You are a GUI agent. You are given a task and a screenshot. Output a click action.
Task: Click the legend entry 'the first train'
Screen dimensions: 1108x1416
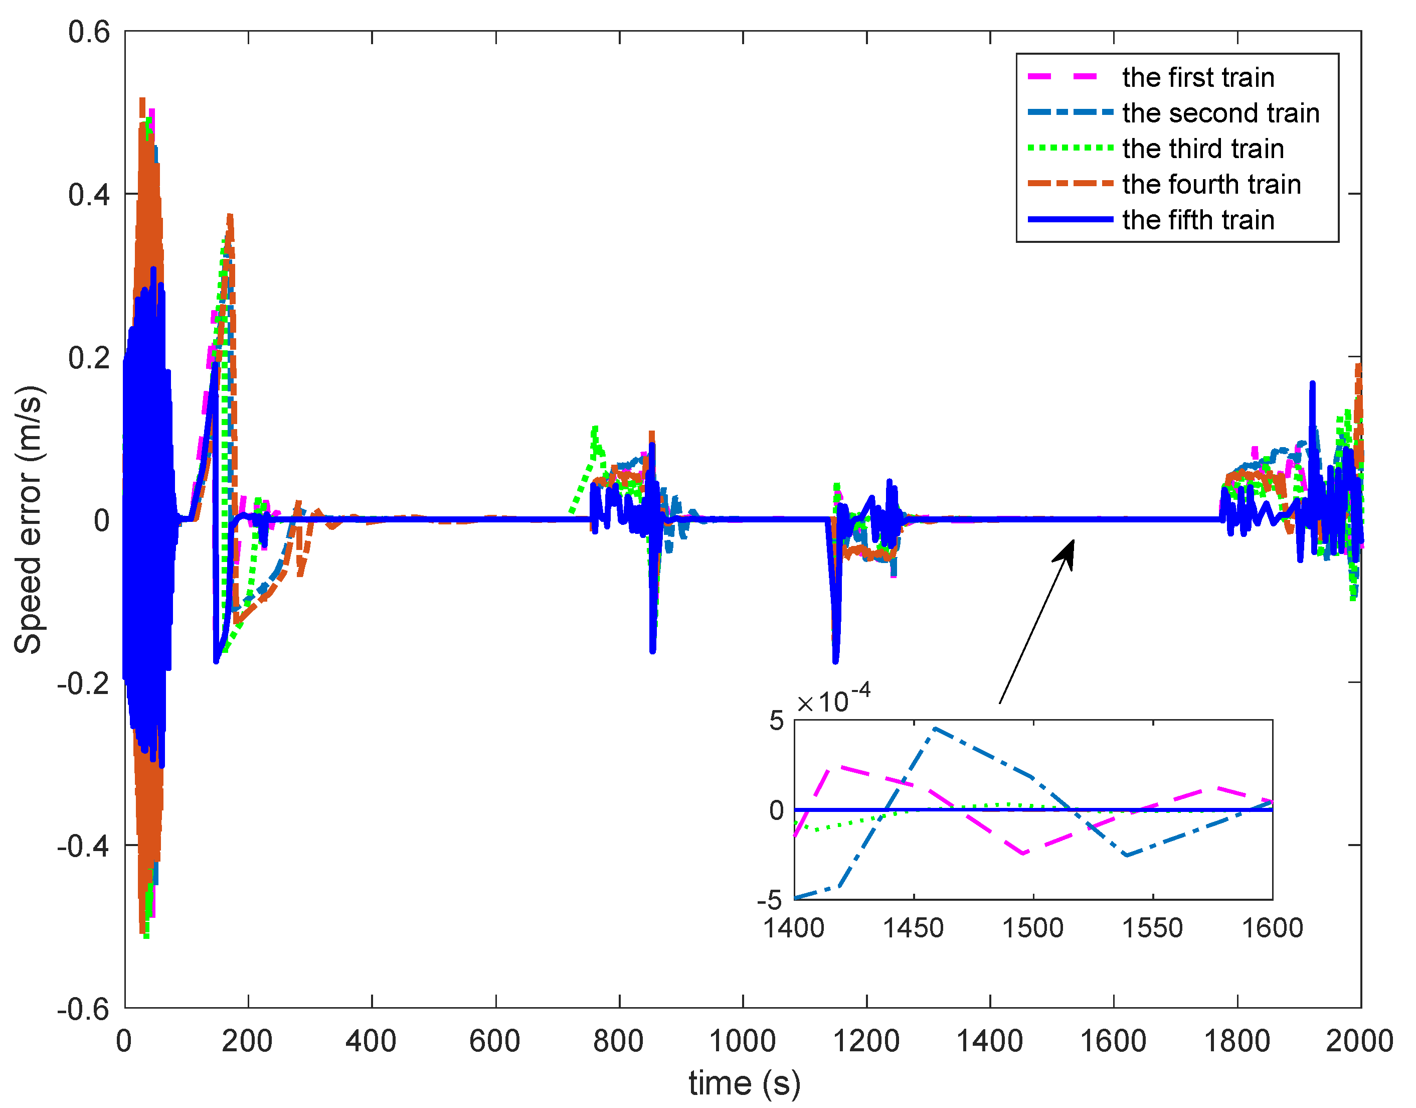tap(1198, 78)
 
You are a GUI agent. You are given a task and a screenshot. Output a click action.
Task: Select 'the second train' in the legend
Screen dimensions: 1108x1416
tap(1220, 113)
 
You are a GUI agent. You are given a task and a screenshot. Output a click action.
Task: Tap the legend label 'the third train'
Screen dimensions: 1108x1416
tap(1203, 149)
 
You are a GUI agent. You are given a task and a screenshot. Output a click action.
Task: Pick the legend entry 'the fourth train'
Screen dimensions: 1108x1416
tap(1211, 185)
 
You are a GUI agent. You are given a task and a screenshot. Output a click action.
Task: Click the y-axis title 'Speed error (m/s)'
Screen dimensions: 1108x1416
tap(29, 519)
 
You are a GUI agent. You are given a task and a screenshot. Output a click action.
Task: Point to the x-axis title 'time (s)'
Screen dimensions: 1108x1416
tap(744, 1082)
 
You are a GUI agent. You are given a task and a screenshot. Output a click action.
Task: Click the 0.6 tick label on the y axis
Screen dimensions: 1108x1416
tap(89, 33)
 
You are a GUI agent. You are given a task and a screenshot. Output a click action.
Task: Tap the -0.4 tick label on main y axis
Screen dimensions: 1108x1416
tap(83, 845)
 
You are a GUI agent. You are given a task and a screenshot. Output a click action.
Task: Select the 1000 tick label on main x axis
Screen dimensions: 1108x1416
tap(743, 1041)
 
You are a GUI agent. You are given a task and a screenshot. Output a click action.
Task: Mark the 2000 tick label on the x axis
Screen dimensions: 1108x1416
tap(1360, 1041)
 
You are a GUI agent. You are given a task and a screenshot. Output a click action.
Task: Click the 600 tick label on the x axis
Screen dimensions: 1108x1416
tap(495, 1041)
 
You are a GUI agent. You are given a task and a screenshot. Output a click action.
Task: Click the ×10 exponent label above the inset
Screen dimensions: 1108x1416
tap(834, 701)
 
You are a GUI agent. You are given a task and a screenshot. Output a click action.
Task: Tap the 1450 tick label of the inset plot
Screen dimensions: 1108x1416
tap(913, 928)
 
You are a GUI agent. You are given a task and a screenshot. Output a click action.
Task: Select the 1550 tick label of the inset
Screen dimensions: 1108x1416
tap(1152, 928)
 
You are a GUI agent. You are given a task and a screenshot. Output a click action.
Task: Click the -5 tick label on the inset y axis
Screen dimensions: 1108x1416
tap(770, 900)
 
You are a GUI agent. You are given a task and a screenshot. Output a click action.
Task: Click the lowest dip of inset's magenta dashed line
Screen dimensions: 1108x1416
tap(1023, 854)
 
